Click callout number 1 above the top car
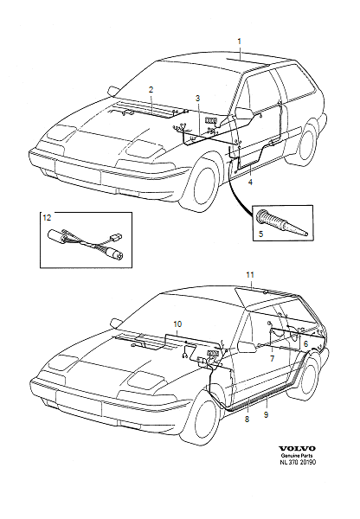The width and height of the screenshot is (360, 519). [x=240, y=41]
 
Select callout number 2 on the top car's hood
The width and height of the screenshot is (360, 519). [x=151, y=89]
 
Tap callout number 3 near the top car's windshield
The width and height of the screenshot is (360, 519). [x=197, y=99]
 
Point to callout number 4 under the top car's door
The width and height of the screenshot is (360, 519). [x=250, y=183]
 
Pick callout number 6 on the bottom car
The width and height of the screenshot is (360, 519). [x=305, y=343]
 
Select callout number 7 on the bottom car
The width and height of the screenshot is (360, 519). [x=272, y=357]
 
